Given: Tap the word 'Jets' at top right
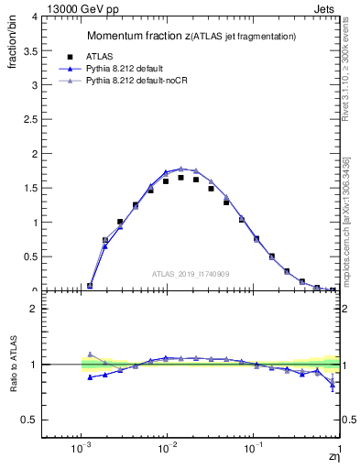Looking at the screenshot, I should (x=326, y=8).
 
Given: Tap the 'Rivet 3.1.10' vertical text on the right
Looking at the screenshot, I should (x=345, y=73).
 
